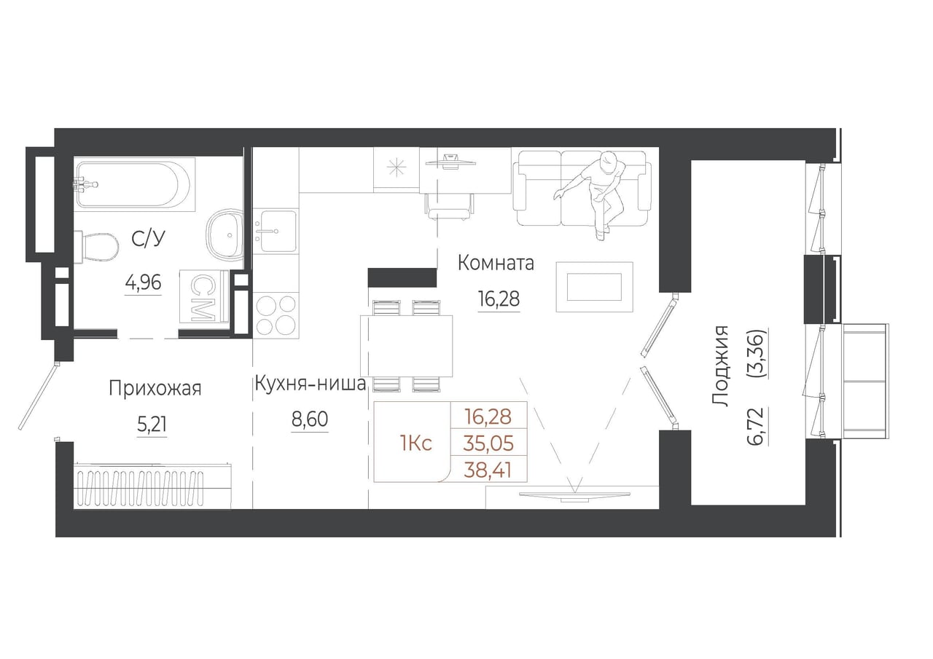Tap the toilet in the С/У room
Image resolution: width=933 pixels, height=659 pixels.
point(97,249)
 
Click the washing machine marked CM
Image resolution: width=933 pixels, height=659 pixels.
point(205,296)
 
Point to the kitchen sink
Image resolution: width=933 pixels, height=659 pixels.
point(278,232)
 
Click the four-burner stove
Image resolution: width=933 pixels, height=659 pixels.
point(276,315)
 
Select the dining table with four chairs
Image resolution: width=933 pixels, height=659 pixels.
point(407,346)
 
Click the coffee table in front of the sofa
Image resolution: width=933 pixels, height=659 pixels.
point(594,287)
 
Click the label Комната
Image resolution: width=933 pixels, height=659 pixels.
point(496,264)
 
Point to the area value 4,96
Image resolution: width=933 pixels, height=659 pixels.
point(144,283)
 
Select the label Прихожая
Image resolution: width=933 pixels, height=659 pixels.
point(155,389)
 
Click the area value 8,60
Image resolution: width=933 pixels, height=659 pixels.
point(310,419)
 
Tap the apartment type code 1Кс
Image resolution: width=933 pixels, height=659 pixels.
point(415,444)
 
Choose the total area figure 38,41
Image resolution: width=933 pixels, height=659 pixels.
point(488,471)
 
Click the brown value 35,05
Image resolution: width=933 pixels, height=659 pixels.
point(488,444)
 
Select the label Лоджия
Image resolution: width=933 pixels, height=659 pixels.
point(720,366)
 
